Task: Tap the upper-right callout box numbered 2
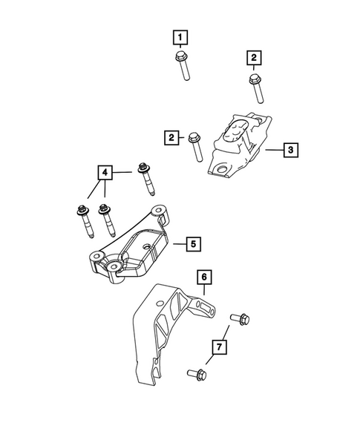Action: coord(253,56)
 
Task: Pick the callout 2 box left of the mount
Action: coord(171,137)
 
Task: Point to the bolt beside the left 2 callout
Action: coord(194,145)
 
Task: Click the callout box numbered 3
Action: coord(291,150)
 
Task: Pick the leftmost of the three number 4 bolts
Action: coord(81,221)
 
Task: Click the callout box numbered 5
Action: coord(192,243)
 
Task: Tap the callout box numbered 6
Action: coord(204,277)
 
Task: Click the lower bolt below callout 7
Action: coord(197,375)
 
